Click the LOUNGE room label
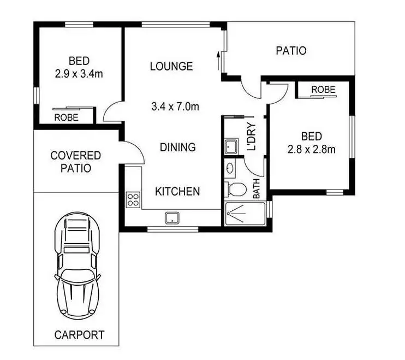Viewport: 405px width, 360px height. coord(171,67)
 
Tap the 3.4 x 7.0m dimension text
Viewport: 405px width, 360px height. coord(175,107)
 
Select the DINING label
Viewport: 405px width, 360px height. coord(177,147)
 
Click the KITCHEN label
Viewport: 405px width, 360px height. coord(177,191)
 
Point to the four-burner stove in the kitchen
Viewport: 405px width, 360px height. coord(133,199)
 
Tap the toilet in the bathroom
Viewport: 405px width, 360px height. coord(236,190)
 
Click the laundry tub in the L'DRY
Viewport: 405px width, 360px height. coord(230,146)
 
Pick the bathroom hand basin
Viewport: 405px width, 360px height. coord(229,168)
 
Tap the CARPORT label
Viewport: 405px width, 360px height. coord(79,334)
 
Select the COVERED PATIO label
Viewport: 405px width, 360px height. coord(75,162)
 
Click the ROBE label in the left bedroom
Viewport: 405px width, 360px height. coord(66,117)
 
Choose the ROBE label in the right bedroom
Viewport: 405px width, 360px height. coord(323,90)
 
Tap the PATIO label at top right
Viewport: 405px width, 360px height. coord(291,51)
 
